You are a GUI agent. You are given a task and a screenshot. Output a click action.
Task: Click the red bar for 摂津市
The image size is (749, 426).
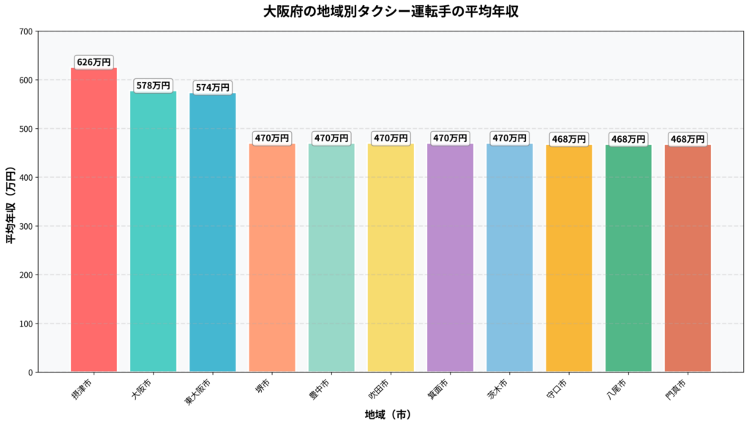(x=94, y=220)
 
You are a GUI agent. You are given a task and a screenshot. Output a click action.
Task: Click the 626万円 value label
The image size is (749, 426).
(x=94, y=63)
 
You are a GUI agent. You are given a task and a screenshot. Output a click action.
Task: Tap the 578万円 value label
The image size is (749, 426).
(x=153, y=86)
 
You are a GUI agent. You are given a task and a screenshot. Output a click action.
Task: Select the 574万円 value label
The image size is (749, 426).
(x=212, y=88)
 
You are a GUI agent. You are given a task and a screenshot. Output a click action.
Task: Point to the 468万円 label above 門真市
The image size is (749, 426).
(x=688, y=139)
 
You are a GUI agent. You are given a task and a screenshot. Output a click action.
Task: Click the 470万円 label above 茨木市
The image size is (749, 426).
(x=509, y=138)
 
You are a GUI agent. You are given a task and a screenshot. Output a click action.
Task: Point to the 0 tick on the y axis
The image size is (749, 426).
(x=29, y=373)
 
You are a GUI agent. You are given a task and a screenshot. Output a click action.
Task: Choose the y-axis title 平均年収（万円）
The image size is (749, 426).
(x=12, y=202)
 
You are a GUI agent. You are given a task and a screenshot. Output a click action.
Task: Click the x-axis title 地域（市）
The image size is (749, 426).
(x=388, y=415)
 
